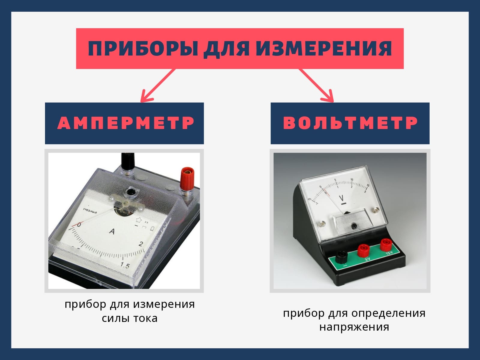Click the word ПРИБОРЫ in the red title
click(x=143, y=49)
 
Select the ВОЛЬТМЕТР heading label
click(x=350, y=123)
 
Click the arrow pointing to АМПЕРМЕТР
click(x=158, y=85)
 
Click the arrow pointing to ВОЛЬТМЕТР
click(x=316, y=85)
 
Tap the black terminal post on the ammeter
click(x=126, y=163)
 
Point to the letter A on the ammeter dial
click(x=112, y=231)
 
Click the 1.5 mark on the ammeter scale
click(x=125, y=265)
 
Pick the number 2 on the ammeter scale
click(x=141, y=244)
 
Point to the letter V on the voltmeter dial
click(x=341, y=198)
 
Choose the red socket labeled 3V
click(x=363, y=250)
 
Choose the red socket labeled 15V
click(x=386, y=244)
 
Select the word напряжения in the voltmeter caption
click(x=354, y=328)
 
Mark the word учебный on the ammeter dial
click(x=90, y=211)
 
